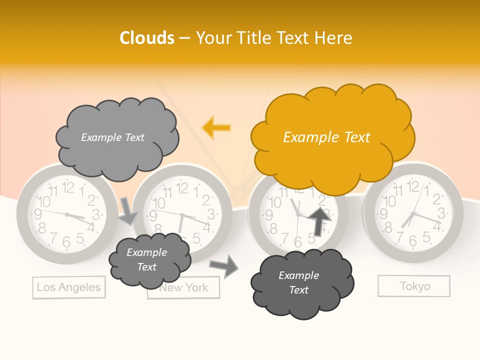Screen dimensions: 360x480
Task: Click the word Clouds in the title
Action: click(x=147, y=38)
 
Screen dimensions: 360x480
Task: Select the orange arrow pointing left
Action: click(x=216, y=128)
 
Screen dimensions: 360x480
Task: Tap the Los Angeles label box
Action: click(x=69, y=287)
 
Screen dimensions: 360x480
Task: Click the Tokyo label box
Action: click(x=414, y=286)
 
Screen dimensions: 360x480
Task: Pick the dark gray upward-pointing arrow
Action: click(x=319, y=220)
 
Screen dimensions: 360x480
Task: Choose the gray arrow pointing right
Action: click(x=224, y=265)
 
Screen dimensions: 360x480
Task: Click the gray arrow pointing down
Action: click(x=127, y=210)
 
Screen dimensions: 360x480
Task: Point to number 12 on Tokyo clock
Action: click(x=413, y=187)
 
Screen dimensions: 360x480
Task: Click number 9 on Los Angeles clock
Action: click(x=37, y=214)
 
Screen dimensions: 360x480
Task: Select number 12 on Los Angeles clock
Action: click(x=68, y=188)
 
